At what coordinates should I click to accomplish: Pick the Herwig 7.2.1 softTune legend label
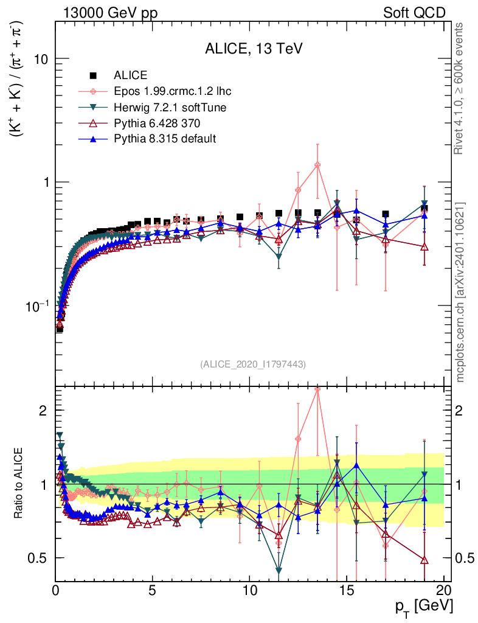[x=170, y=108]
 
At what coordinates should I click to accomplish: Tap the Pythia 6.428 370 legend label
[x=157, y=124]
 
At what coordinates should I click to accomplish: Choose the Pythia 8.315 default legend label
[x=165, y=139]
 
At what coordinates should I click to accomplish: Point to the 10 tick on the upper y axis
[x=41, y=59]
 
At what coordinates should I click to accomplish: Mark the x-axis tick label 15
[x=347, y=590]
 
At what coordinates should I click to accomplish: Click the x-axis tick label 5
[x=153, y=590]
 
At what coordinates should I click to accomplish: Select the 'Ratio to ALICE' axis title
[x=20, y=483]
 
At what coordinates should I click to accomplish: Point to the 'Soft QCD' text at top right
[x=414, y=13]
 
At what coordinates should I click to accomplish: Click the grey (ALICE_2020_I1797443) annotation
[x=252, y=364]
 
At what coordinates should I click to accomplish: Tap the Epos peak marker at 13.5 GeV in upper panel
[x=317, y=165]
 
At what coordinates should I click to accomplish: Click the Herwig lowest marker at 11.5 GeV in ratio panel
[x=279, y=571]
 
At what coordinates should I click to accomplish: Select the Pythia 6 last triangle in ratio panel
[x=424, y=560]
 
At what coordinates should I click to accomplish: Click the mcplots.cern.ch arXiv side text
[x=460, y=292]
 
